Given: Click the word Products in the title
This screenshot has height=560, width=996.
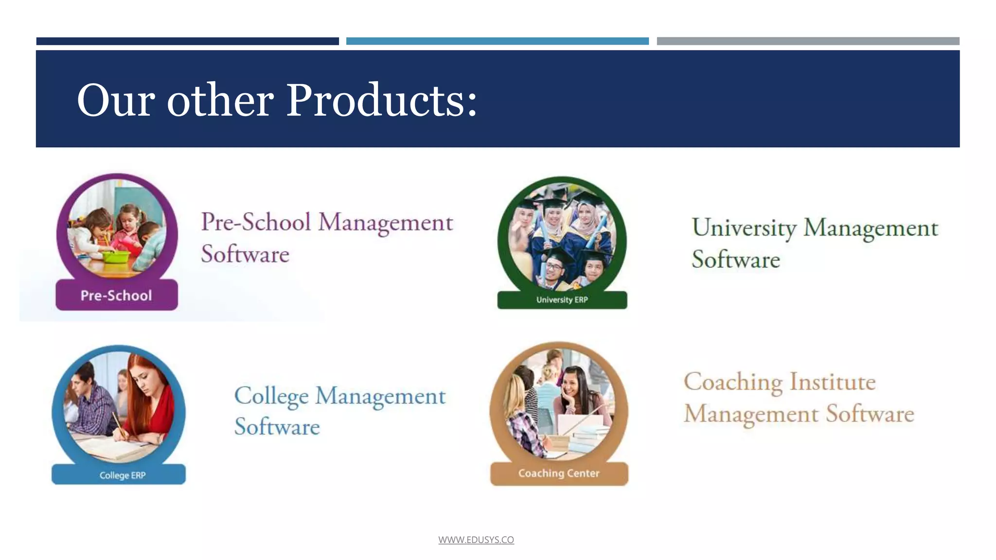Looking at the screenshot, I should tap(382, 101).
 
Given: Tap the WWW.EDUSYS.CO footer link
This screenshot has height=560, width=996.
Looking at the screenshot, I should tap(476, 540).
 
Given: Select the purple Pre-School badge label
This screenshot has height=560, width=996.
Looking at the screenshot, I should tap(116, 295).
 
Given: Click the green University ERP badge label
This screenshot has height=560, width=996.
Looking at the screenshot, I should tap(562, 300).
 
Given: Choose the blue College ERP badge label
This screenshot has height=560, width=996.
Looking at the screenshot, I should tap(122, 475).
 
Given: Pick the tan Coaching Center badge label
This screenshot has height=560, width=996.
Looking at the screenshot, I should tap(559, 473).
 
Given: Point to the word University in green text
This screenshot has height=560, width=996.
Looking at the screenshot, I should tap(744, 228).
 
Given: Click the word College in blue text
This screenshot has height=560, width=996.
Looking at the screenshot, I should tap(271, 396).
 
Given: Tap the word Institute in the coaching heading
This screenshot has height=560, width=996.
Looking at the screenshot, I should tap(833, 382).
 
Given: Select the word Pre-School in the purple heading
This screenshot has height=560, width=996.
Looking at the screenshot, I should tap(256, 222).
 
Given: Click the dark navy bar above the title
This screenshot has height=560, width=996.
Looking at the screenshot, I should tap(187, 41).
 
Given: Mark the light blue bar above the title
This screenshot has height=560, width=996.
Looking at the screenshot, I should tap(497, 41).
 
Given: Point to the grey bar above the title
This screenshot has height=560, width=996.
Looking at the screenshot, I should tap(808, 41).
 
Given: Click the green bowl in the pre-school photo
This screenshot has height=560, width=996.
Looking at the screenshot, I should tap(116, 256).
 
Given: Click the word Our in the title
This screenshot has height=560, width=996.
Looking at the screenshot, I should tap(116, 101).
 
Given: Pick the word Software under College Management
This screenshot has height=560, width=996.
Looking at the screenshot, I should tap(277, 427).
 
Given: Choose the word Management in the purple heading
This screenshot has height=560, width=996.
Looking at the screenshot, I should tap(386, 223).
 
